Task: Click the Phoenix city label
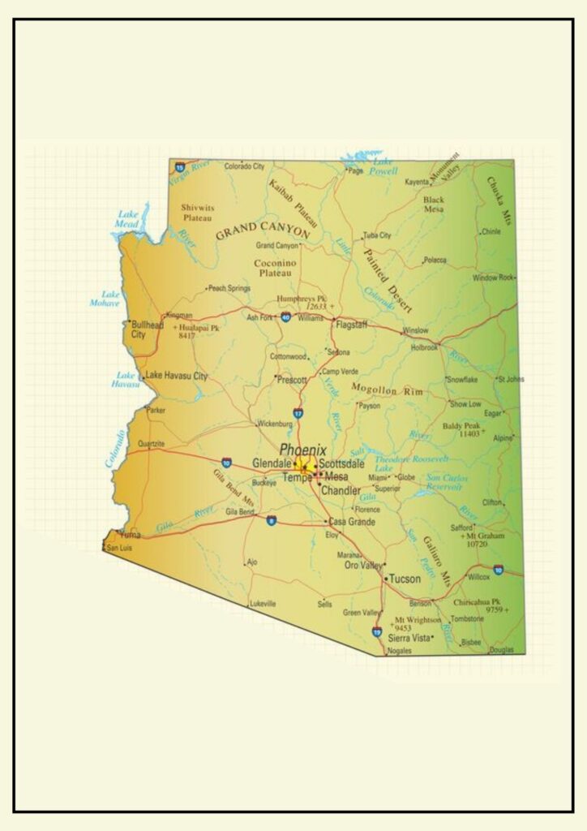point(302,450)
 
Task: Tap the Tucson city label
point(405,579)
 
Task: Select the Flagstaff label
point(351,325)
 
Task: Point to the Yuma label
point(130,535)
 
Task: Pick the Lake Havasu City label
point(176,376)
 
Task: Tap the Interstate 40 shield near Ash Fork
point(285,317)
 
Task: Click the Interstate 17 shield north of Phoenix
point(298,414)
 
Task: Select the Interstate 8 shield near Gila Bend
point(271,520)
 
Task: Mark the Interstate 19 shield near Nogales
point(377,631)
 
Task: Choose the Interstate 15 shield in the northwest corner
point(179,166)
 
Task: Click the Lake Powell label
point(383,167)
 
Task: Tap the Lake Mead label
point(126,219)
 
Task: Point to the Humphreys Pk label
point(301,298)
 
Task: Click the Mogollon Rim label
point(387,391)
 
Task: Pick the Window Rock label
point(493,278)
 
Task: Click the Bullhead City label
point(147,329)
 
